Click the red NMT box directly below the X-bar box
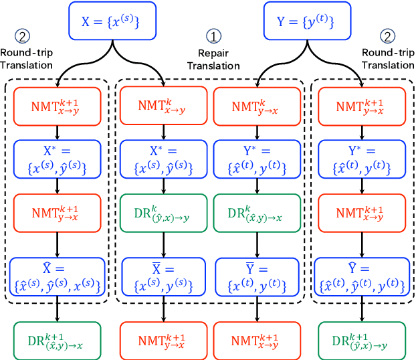tap(163, 338)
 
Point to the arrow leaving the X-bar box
tap(163, 309)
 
